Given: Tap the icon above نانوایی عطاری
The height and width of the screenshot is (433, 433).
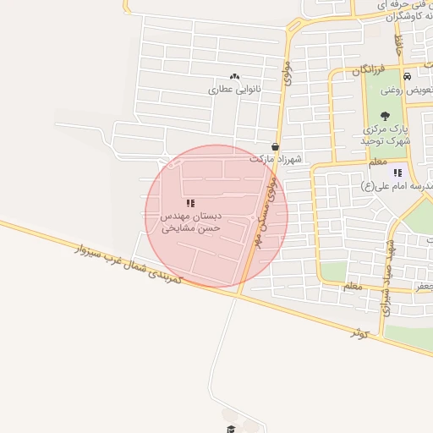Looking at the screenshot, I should coord(234,77).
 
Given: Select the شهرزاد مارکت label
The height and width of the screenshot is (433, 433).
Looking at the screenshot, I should coord(276,158).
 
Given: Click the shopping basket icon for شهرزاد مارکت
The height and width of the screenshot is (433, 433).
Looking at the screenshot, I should coord(276,146).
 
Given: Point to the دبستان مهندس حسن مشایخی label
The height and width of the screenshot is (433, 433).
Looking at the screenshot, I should coord(190,222).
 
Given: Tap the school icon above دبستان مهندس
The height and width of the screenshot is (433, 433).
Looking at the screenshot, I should coord(190,203).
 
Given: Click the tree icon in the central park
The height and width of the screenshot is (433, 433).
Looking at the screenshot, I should coord(386,116).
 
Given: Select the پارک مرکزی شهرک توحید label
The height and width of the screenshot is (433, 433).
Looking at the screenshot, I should coord(386,134).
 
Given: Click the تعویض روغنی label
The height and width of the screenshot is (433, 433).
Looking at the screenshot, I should coord(406,89).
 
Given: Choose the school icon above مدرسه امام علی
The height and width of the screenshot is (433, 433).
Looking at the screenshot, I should coord(398,173).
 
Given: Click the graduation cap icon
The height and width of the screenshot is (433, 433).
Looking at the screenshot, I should coord(229,430).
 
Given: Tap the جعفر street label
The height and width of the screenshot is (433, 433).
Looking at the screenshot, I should coord(423,287).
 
